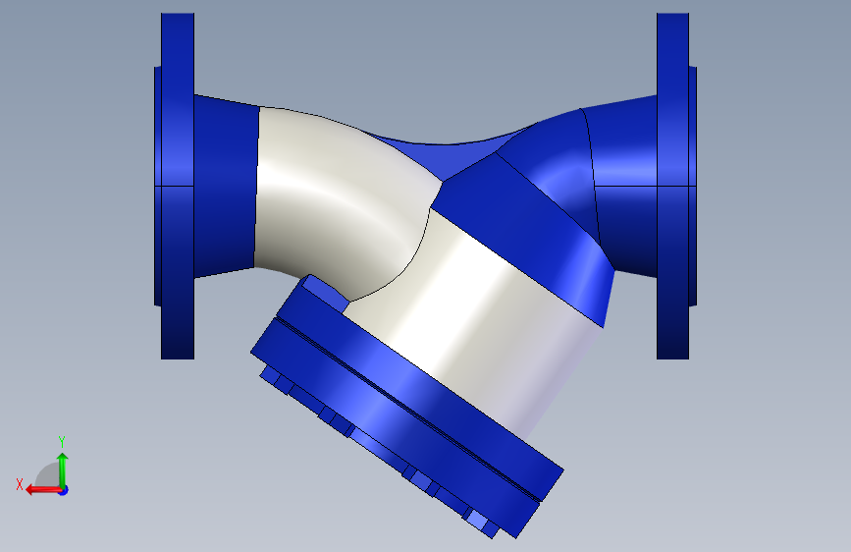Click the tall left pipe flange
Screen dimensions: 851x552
pyautogui.click(x=178, y=186)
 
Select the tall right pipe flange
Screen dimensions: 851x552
pyautogui.click(x=672, y=186)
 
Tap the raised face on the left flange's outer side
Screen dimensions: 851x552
pyautogui.click(x=157, y=186)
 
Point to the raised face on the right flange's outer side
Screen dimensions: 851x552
pyautogui.click(x=693, y=186)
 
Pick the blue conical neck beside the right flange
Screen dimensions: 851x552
pyautogui.click(x=624, y=186)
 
